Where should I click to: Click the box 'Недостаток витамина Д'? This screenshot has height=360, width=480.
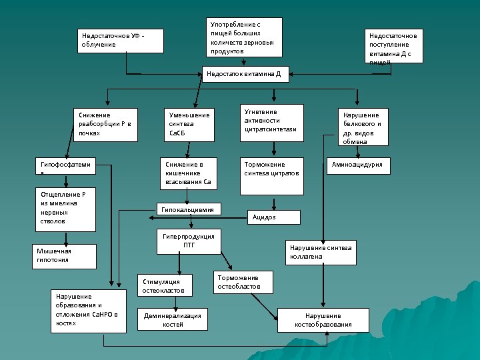[x=245, y=74]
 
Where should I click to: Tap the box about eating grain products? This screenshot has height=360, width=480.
[x=243, y=37]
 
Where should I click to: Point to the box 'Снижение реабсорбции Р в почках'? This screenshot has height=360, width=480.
[x=105, y=125]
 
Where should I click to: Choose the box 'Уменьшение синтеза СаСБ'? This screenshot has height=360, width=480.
[x=189, y=125]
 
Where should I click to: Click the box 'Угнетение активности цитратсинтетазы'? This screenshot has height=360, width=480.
[x=271, y=122]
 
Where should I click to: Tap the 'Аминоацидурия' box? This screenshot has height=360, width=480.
[x=358, y=165]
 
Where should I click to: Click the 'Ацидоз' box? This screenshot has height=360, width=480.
[x=274, y=217]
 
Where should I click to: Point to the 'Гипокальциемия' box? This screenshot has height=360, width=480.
[x=188, y=209]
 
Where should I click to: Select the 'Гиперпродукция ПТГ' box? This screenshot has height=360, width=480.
[x=189, y=241]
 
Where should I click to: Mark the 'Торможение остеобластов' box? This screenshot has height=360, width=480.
[x=244, y=283]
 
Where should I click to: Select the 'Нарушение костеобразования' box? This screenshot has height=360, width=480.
[x=323, y=320]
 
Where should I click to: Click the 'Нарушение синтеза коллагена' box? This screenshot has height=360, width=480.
[x=321, y=251]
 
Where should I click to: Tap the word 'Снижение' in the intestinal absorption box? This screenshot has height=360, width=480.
[x=183, y=164]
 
